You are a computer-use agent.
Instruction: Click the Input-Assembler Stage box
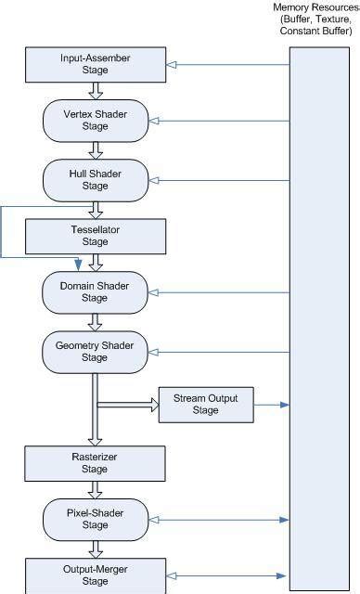pos(96,64)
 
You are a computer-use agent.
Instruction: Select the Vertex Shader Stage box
pos(96,120)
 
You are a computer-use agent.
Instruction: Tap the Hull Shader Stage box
pos(96,177)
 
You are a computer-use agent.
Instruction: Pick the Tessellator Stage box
pos(96,236)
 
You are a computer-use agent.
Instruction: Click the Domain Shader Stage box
pos(96,292)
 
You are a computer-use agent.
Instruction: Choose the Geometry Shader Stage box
pos(96,351)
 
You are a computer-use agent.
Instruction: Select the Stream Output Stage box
pos(205,405)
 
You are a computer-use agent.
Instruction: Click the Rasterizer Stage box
pos(96,463)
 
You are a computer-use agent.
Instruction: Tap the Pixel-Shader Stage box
pos(96,519)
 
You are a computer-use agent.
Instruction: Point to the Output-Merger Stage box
pos(96,575)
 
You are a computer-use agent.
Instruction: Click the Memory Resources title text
pos(316,19)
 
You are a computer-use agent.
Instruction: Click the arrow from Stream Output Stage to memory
pos(271,405)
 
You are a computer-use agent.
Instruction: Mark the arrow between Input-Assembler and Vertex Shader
pos(96,90)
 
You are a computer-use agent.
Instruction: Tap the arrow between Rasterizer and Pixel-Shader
pos(96,489)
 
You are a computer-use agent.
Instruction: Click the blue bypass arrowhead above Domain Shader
pos(78,266)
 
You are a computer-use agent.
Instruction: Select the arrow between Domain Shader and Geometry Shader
pos(96,322)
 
